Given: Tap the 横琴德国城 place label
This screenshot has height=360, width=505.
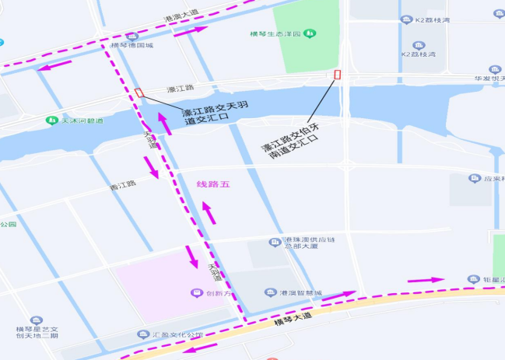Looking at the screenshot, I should (133, 44).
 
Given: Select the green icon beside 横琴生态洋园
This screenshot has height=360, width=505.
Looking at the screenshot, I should (310, 33).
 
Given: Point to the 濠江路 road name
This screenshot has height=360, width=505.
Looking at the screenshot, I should (180, 89).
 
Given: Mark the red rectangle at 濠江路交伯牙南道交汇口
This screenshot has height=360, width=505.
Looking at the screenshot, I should (338, 75).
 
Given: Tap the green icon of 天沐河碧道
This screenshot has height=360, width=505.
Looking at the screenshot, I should (51, 120).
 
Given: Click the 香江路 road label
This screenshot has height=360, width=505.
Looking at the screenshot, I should (123, 184).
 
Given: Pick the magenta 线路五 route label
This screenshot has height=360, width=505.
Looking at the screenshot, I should (214, 184).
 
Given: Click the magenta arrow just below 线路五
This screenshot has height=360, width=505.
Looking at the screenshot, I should (209, 211).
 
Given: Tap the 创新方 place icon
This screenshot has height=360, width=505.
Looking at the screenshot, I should (197, 293).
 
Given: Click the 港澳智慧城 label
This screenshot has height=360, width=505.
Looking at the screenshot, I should (300, 293).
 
